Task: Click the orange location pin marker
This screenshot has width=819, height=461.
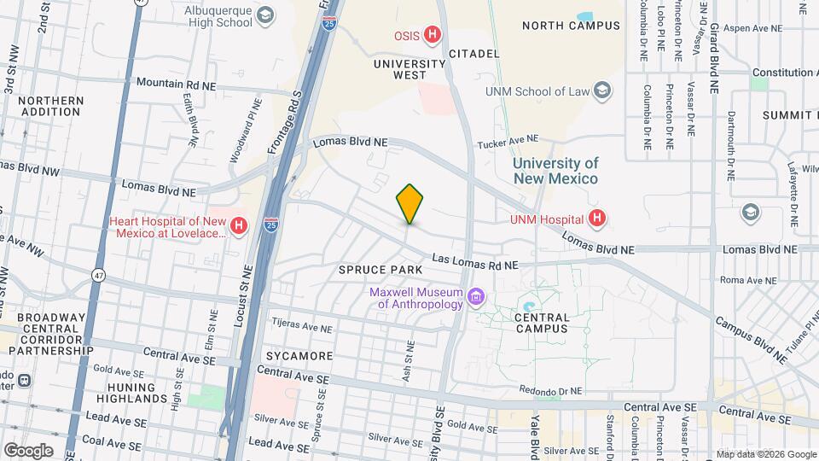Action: pyautogui.click(x=409, y=204)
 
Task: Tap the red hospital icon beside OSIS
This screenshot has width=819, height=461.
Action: pyautogui.click(x=433, y=35)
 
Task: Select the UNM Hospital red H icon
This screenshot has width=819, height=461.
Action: pyautogui.click(x=597, y=219)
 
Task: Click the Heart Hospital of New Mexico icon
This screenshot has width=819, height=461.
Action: pyautogui.click(x=240, y=226)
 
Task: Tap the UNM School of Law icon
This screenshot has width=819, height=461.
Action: pyautogui.click(x=602, y=91)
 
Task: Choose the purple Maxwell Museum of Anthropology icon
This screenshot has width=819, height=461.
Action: pyautogui.click(x=476, y=297)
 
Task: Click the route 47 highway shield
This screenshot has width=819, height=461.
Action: pyautogui.click(x=99, y=276)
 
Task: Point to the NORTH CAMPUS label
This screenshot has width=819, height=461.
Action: pyautogui.click(x=571, y=26)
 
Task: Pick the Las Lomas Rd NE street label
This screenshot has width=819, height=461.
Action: pyautogui.click(x=475, y=260)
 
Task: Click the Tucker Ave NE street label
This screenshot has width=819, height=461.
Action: pyautogui.click(x=508, y=138)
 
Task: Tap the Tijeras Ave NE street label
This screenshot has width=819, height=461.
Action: pyautogui.click(x=301, y=325)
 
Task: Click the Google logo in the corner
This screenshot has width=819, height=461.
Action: pyautogui.click(x=28, y=451)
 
